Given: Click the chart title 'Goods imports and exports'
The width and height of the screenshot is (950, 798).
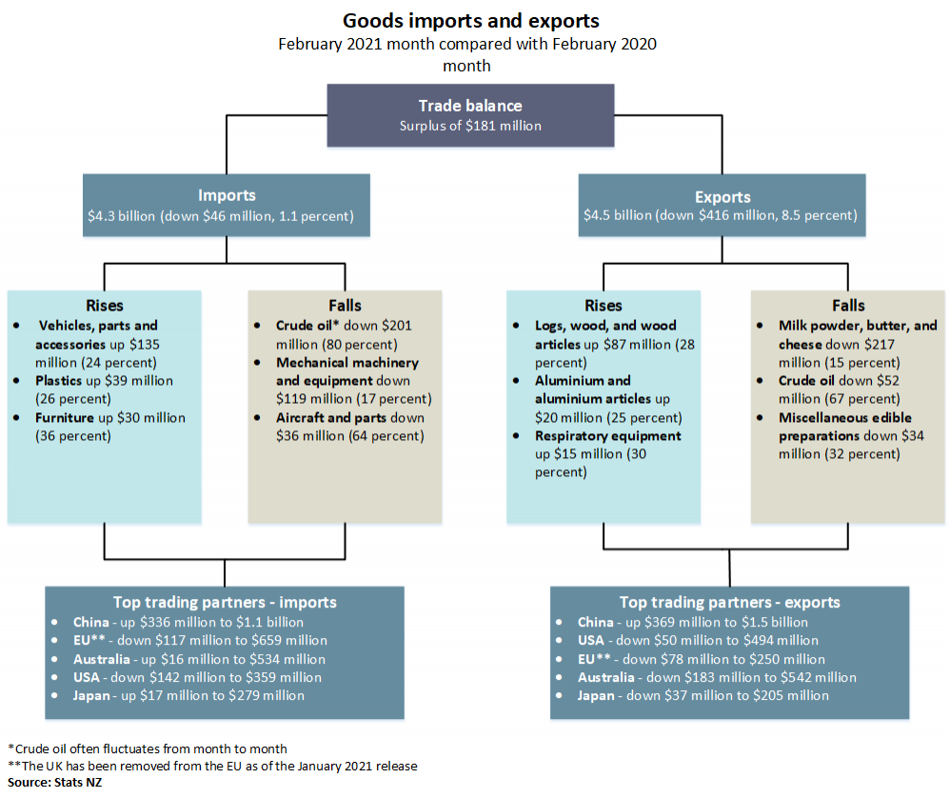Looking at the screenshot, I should pos(471,20).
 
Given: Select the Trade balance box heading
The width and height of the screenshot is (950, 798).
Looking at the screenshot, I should pos(470,106).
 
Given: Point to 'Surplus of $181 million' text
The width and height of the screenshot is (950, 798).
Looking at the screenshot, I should pos(470,125).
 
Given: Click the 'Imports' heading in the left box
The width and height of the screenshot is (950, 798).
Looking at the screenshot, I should pos(227,195).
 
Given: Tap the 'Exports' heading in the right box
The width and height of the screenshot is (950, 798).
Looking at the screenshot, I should pos(722,197).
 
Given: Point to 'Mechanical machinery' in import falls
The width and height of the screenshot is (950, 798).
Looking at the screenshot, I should pos(347,362).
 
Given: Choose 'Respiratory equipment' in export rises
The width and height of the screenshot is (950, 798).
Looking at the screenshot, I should pos(608,435).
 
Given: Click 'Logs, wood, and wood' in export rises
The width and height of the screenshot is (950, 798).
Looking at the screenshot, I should pos(605,325).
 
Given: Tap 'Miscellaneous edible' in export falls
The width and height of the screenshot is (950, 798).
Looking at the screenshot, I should pos(845,417).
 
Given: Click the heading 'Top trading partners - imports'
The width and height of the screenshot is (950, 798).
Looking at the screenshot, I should pos(225,602).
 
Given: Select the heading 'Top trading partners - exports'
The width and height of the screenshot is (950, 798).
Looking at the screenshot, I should pos(729,602).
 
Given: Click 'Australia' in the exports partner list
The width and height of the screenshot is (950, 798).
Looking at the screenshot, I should pos(605,677).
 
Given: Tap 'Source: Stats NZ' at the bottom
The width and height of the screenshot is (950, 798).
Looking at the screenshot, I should pos(54,782).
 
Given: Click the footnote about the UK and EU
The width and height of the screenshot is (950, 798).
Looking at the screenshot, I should pos(212,765).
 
